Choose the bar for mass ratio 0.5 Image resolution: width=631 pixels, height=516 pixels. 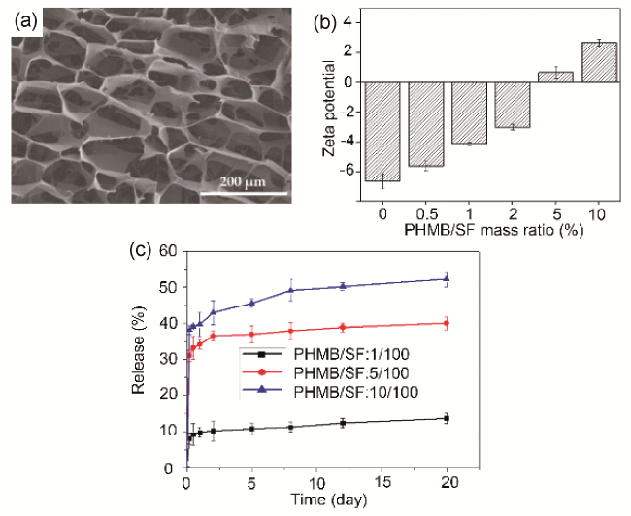(x=424, y=124)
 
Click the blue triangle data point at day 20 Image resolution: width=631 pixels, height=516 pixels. (x=447, y=279)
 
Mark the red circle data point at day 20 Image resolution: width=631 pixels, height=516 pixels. (x=447, y=323)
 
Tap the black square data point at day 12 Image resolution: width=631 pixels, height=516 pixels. (x=342, y=423)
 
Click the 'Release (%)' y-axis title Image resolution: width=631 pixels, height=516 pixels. (x=139, y=358)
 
